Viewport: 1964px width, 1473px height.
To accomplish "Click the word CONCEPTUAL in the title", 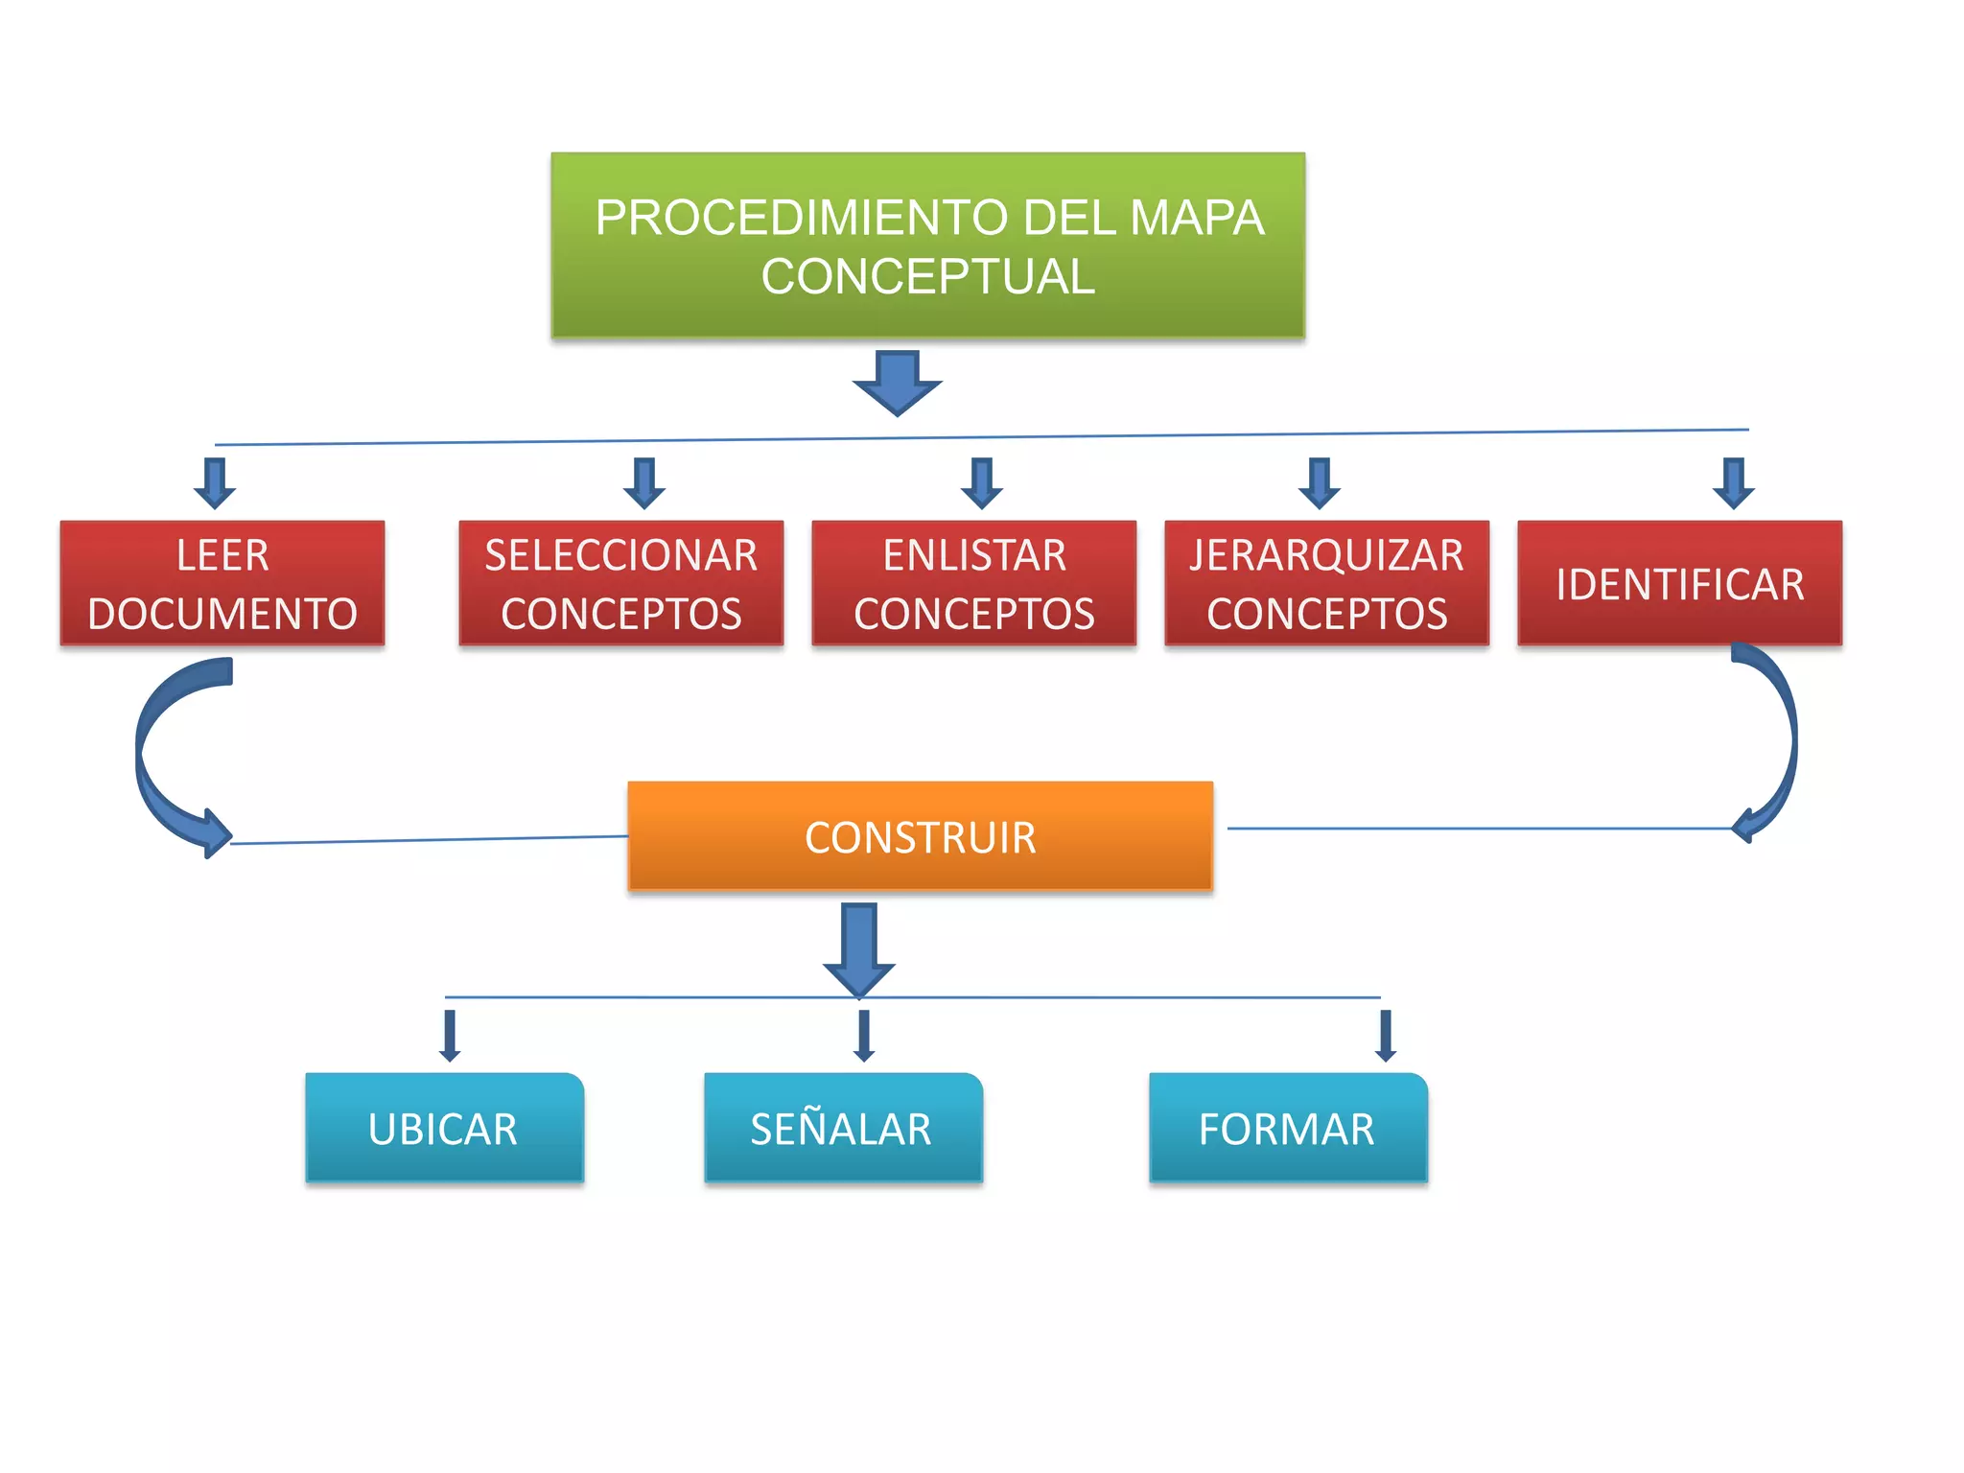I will click(x=927, y=277).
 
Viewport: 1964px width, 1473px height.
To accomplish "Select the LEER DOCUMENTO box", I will click(x=222, y=583).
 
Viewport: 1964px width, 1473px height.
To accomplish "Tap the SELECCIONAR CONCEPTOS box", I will click(x=620, y=583).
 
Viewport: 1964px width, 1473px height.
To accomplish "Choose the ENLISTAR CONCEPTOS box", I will click(x=973, y=583).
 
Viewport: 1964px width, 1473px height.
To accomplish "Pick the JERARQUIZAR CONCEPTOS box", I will click(x=1326, y=583).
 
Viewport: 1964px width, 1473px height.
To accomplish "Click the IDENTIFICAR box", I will click(x=1679, y=583).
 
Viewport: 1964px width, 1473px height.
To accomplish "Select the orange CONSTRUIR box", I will click(x=920, y=836).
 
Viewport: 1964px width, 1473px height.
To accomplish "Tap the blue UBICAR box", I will click(x=444, y=1128).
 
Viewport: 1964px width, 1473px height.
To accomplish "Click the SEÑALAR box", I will click(x=843, y=1128).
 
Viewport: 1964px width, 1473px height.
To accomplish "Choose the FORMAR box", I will click(x=1288, y=1128).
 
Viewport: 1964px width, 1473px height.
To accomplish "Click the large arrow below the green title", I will click(x=898, y=383).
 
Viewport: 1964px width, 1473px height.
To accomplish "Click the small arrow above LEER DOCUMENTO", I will click(x=215, y=483).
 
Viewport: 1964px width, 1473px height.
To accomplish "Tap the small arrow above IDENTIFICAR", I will click(x=1734, y=483).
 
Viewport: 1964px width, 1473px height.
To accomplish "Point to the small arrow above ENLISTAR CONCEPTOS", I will click(x=982, y=483).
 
